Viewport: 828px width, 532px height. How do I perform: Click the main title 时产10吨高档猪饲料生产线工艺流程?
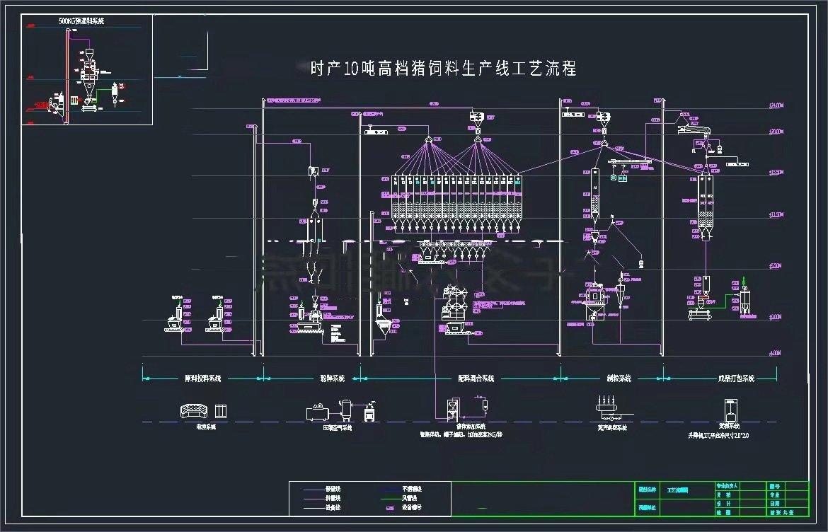click(443, 69)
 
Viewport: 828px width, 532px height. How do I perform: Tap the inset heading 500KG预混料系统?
click(81, 21)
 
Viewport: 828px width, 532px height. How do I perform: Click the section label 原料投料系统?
click(202, 378)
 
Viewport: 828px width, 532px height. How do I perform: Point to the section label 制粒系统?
click(614, 378)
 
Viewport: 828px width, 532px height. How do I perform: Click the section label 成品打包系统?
click(736, 378)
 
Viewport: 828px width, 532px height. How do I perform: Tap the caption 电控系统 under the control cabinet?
click(206, 427)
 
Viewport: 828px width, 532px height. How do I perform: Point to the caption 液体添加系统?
click(471, 427)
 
